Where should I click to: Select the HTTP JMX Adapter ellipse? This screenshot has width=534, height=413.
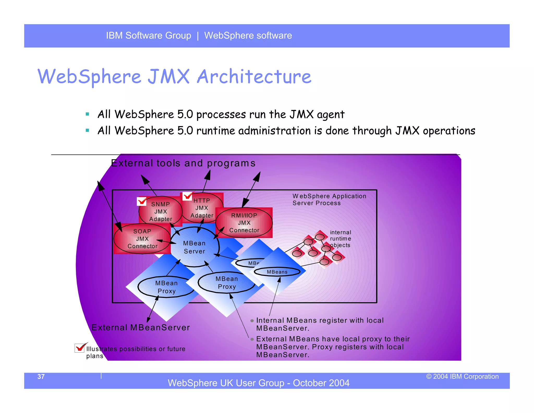pos(202,208)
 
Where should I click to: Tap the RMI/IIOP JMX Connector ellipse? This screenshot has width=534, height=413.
pos(244,223)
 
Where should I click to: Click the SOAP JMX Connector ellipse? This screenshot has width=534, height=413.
pos(142,239)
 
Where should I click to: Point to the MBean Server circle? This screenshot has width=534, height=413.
pos(195,247)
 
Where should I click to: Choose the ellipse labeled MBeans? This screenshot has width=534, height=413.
pos(277,272)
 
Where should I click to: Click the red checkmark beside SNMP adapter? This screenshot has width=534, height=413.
pos(142,201)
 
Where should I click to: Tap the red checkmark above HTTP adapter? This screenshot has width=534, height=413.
pos(187,196)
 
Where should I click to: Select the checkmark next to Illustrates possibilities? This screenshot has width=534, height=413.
pos(80,348)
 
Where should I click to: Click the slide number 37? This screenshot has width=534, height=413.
pos(41,376)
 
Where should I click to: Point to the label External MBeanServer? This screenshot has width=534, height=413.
pos(141,327)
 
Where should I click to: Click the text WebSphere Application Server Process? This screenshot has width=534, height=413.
pos(329,199)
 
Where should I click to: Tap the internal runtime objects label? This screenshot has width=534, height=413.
pos(340,239)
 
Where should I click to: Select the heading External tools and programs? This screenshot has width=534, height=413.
pos(183,163)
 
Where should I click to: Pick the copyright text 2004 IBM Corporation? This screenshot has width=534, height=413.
pos(462,376)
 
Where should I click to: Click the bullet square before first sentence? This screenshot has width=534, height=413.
pos(87,114)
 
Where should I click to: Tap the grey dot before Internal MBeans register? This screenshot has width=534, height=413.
pos(252,321)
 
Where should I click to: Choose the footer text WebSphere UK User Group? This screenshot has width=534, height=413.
pos(258,383)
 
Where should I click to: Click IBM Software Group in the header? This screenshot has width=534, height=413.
pos(148,36)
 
